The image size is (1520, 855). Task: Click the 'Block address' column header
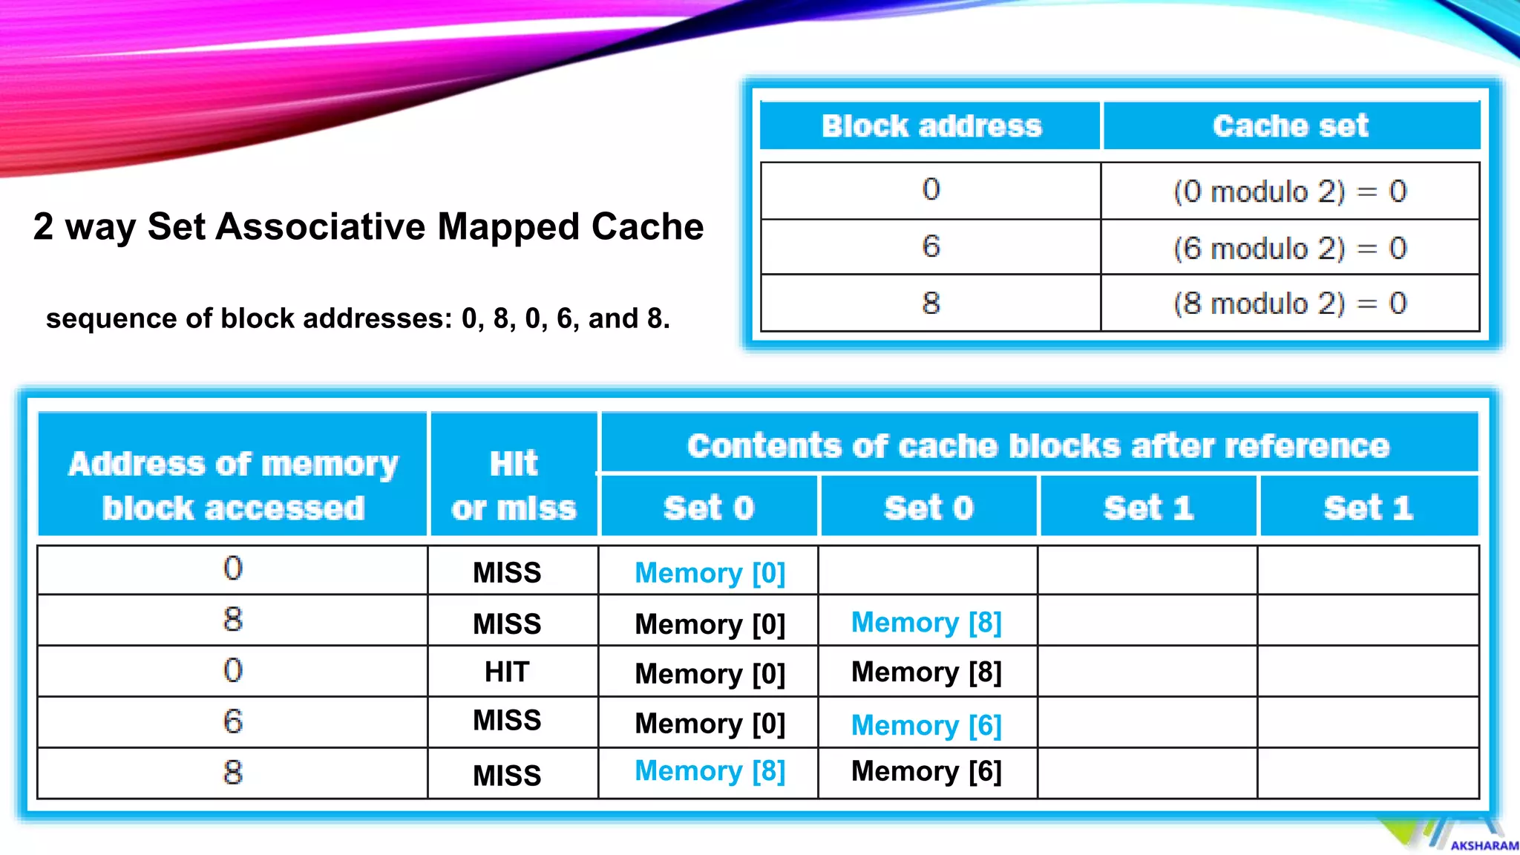click(931, 125)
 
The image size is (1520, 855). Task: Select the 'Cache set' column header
click(1290, 125)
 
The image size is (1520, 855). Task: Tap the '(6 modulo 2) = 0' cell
click(1290, 248)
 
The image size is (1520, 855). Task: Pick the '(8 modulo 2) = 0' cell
click(1290, 304)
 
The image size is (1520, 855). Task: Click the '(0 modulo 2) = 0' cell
click(1290, 191)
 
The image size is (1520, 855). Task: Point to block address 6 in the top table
click(931, 246)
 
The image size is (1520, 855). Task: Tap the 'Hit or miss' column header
click(514, 485)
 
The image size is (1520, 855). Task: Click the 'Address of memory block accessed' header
click(233, 485)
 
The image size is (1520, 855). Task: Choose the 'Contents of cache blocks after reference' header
click(1038, 445)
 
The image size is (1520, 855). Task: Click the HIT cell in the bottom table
click(507, 672)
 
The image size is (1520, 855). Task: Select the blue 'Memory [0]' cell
click(710, 572)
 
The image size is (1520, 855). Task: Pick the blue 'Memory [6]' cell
click(926, 724)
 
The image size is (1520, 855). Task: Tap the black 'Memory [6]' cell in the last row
click(926, 771)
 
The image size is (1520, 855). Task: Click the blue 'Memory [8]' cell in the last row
click(710, 771)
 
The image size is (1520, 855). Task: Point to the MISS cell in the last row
click(507, 776)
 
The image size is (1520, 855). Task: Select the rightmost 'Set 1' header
click(1368, 508)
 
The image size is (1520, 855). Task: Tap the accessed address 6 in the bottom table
click(233, 721)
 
